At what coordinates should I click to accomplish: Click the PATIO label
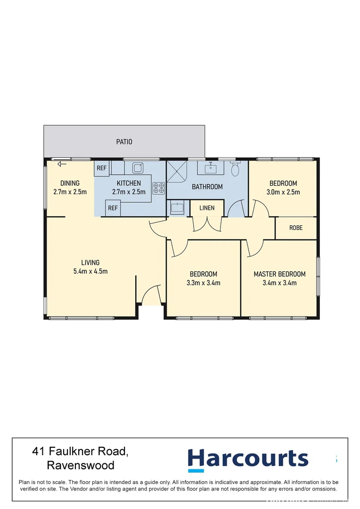(124, 141)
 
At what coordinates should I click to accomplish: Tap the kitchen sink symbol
(137, 167)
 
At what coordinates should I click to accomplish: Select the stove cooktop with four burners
(158, 189)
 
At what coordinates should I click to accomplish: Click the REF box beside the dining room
(101, 168)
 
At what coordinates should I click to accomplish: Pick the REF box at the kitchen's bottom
(113, 208)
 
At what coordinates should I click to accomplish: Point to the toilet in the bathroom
(235, 169)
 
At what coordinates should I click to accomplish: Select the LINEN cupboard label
(207, 208)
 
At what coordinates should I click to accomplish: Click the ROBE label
(296, 228)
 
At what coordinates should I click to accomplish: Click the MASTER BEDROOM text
(279, 274)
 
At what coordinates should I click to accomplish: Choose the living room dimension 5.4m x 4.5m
(90, 271)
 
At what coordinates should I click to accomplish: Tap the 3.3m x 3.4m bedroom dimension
(204, 283)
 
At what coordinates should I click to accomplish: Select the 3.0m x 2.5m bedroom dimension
(283, 192)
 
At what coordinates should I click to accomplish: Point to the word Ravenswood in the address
(81, 466)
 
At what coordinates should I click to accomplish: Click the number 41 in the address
(39, 452)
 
